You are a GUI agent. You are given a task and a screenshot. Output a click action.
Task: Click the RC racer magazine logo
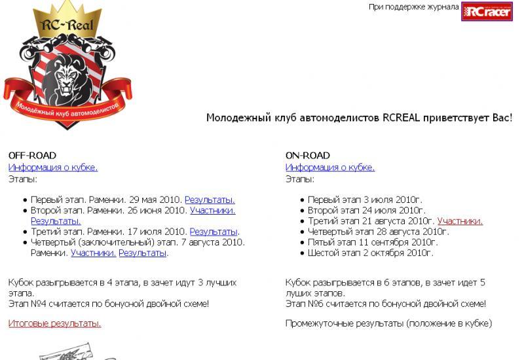[486, 11]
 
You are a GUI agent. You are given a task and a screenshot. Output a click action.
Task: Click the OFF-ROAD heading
[32, 156]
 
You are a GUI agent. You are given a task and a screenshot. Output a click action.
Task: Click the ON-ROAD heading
[308, 156]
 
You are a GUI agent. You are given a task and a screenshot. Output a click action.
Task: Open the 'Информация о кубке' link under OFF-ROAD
[53, 168]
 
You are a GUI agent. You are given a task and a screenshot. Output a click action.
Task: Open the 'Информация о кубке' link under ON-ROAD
[330, 168]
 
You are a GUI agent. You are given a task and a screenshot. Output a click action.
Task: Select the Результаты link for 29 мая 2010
[210, 200]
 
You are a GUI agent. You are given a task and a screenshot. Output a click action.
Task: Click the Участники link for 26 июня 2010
[212, 210]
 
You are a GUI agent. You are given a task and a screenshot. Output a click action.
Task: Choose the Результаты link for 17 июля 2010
[214, 232]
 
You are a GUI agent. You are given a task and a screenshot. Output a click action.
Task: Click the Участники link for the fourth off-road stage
[94, 253]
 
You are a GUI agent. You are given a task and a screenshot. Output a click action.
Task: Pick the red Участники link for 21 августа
[460, 221]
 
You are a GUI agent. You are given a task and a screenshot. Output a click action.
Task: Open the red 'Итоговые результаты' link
[55, 323]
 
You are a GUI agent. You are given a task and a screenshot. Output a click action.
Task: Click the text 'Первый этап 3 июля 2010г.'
[365, 200]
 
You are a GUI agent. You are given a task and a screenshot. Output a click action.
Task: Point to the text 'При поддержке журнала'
[413, 7]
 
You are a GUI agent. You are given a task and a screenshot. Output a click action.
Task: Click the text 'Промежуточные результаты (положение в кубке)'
[388, 323]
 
